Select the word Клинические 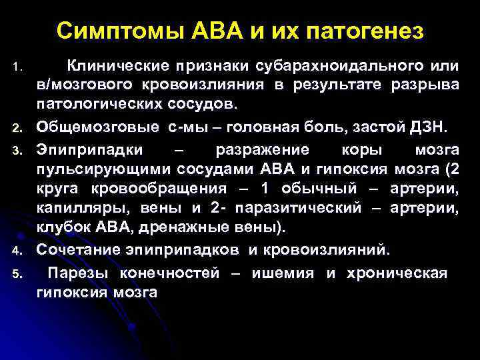point(115,67)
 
